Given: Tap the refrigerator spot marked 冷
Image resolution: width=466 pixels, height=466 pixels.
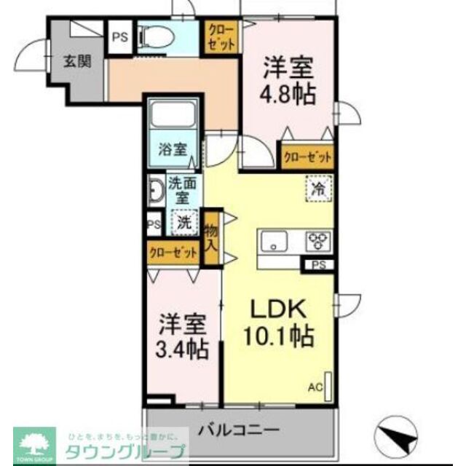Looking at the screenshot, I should click(318, 187).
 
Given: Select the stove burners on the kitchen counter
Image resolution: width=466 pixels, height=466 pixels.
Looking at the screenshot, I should click(318, 241).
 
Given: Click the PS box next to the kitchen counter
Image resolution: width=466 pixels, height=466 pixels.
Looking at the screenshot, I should click(318, 265).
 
